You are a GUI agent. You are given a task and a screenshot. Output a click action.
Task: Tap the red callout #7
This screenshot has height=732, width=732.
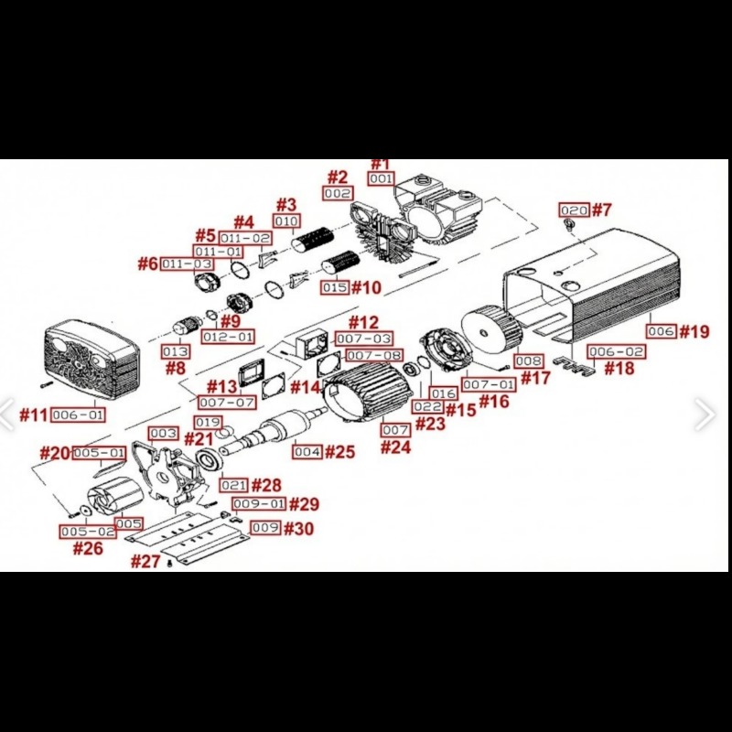pyautogui.click(x=600, y=210)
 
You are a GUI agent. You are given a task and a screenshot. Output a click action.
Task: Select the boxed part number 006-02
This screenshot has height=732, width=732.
pyautogui.click(x=616, y=351)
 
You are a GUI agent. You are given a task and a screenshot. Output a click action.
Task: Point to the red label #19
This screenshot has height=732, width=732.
pyautogui.click(x=694, y=330)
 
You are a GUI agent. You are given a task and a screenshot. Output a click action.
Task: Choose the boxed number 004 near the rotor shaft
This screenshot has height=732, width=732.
pyautogui.click(x=307, y=451)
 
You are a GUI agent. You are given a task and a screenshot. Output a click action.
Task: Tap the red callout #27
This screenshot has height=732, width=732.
pyautogui.click(x=145, y=561)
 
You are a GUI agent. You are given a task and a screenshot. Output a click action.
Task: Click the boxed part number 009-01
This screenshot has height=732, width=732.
pyautogui.click(x=259, y=504)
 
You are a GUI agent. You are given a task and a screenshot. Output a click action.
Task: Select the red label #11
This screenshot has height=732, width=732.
pyautogui.click(x=33, y=414)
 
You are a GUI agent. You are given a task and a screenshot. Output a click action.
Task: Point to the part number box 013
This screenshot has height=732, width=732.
pyautogui.click(x=176, y=351)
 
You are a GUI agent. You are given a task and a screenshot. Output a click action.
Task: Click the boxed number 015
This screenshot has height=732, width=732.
pyautogui.click(x=336, y=287)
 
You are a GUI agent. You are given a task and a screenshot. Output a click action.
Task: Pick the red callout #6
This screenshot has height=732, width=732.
pyautogui.click(x=148, y=264)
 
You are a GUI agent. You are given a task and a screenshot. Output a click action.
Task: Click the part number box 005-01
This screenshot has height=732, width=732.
pyautogui.click(x=99, y=453)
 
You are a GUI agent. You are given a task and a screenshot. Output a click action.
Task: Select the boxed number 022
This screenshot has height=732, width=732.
pyautogui.click(x=427, y=406)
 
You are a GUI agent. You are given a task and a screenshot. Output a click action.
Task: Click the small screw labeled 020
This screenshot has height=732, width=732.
pyautogui.click(x=571, y=224)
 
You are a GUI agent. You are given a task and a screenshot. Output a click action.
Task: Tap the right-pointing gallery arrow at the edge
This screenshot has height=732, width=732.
pyautogui.click(x=705, y=414)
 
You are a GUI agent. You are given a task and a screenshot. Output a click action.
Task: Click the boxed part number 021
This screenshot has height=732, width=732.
pyautogui.click(x=233, y=484)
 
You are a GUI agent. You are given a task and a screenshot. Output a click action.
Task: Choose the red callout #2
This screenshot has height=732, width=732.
pyautogui.click(x=338, y=177)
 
